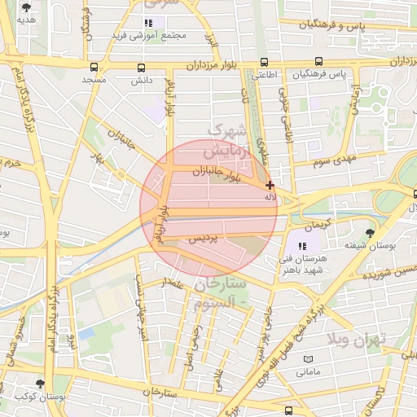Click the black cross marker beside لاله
click(270, 186)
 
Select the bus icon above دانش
click(143, 68)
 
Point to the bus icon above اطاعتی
click(263, 62)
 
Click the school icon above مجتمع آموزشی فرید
click(148, 23)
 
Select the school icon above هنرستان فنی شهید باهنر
click(302, 245)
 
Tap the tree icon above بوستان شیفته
click(370, 232)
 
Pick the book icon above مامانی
click(307, 359)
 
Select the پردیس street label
click(204, 239)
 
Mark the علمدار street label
click(173, 283)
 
